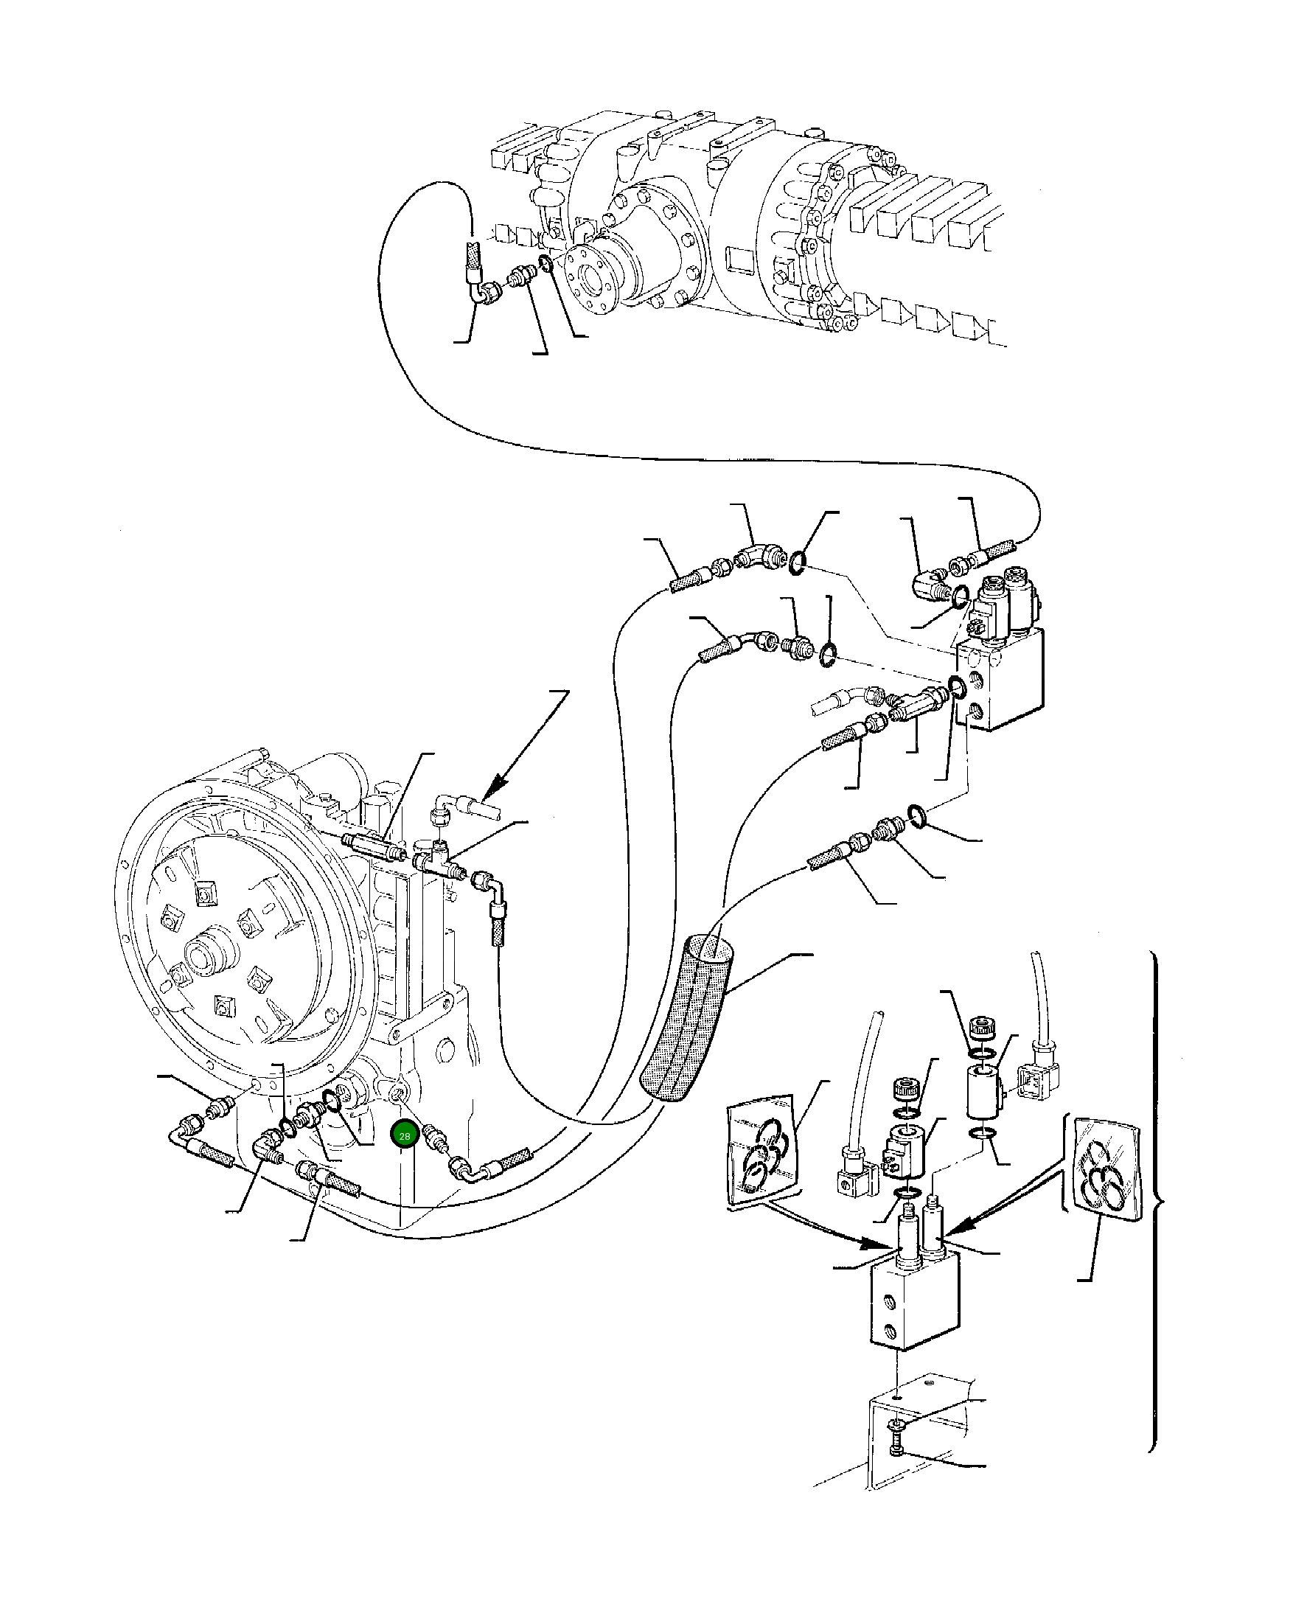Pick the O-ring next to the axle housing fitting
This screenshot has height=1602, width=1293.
click(546, 263)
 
